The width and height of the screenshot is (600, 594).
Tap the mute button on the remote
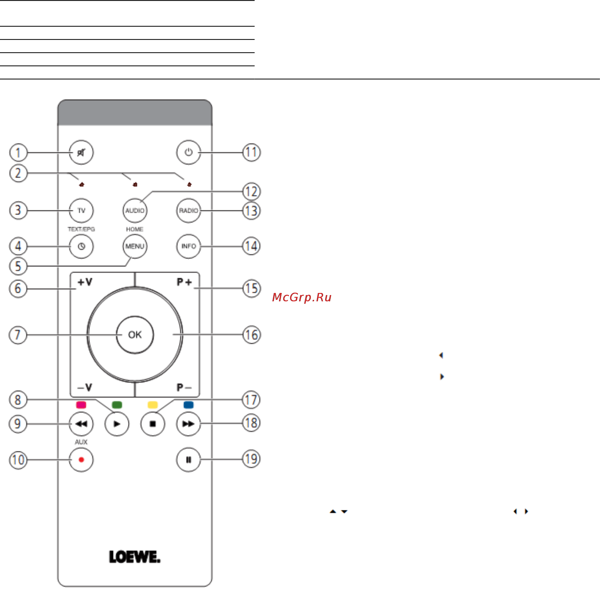click(x=81, y=153)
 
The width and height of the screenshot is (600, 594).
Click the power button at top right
click(x=189, y=153)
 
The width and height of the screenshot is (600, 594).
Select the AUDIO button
click(x=135, y=210)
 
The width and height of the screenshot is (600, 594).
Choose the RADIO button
click(x=189, y=210)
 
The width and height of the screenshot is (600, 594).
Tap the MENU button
click(x=135, y=246)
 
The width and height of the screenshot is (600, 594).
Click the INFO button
click(x=189, y=246)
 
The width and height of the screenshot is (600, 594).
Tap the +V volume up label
click(x=85, y=282)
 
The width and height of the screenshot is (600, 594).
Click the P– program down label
click(x=184, y=387)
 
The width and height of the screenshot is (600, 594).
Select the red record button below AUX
click(x=81, y=459)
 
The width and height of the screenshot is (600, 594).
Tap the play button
click(x=117, y=424)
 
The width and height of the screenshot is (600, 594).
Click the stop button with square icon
click(x=153, y=424)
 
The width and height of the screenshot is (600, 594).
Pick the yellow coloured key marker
click(x=153, y=405)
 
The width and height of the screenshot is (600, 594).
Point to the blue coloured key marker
click(x=189, y=405)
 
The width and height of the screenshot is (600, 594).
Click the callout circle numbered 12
click(x=251, y=192)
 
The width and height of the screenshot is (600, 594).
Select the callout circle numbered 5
click(x=18, y=266)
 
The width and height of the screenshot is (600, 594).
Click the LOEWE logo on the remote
click(x=135, y=557)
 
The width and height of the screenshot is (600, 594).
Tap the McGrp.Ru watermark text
click(x=301, y=298)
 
